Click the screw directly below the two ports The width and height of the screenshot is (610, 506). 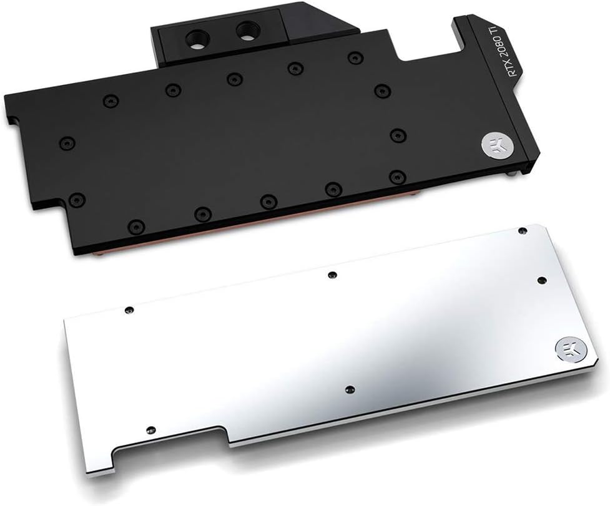(234, 78)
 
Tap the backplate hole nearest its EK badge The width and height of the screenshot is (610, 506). (542, 280)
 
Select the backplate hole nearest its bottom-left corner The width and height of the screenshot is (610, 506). (150, 430)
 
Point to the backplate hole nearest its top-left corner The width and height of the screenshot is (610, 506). (129, 309)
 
